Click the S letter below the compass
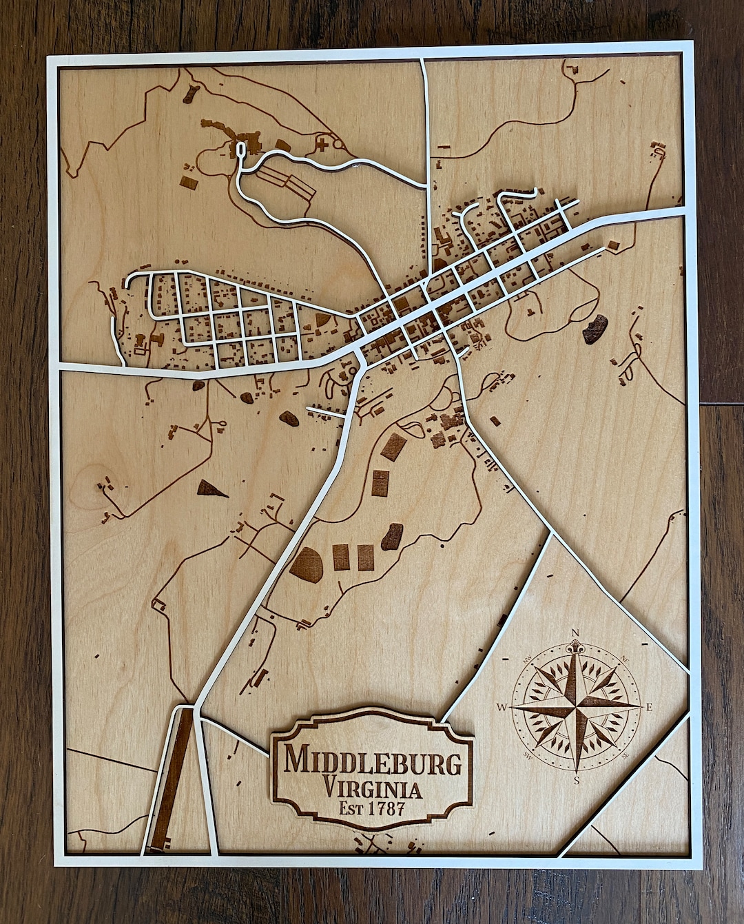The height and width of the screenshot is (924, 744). pyautogui.click(x=577, y=780)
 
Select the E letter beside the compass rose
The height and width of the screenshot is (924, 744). pyautogui.click(x=649, y=707)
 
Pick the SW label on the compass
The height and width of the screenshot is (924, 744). pyautogui.click(x=528, y=756)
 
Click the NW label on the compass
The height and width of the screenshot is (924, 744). pyautogui.click(x=528, y=659)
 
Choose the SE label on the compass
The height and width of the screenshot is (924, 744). pyautogui.click(x=626, y=756)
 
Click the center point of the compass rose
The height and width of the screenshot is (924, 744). pyautogui.click(x=576, y=707)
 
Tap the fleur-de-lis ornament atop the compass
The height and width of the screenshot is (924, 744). pyautogui.click(x=575, y=648)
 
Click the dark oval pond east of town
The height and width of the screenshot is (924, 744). pyautogui.click(x=595, y=329)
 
